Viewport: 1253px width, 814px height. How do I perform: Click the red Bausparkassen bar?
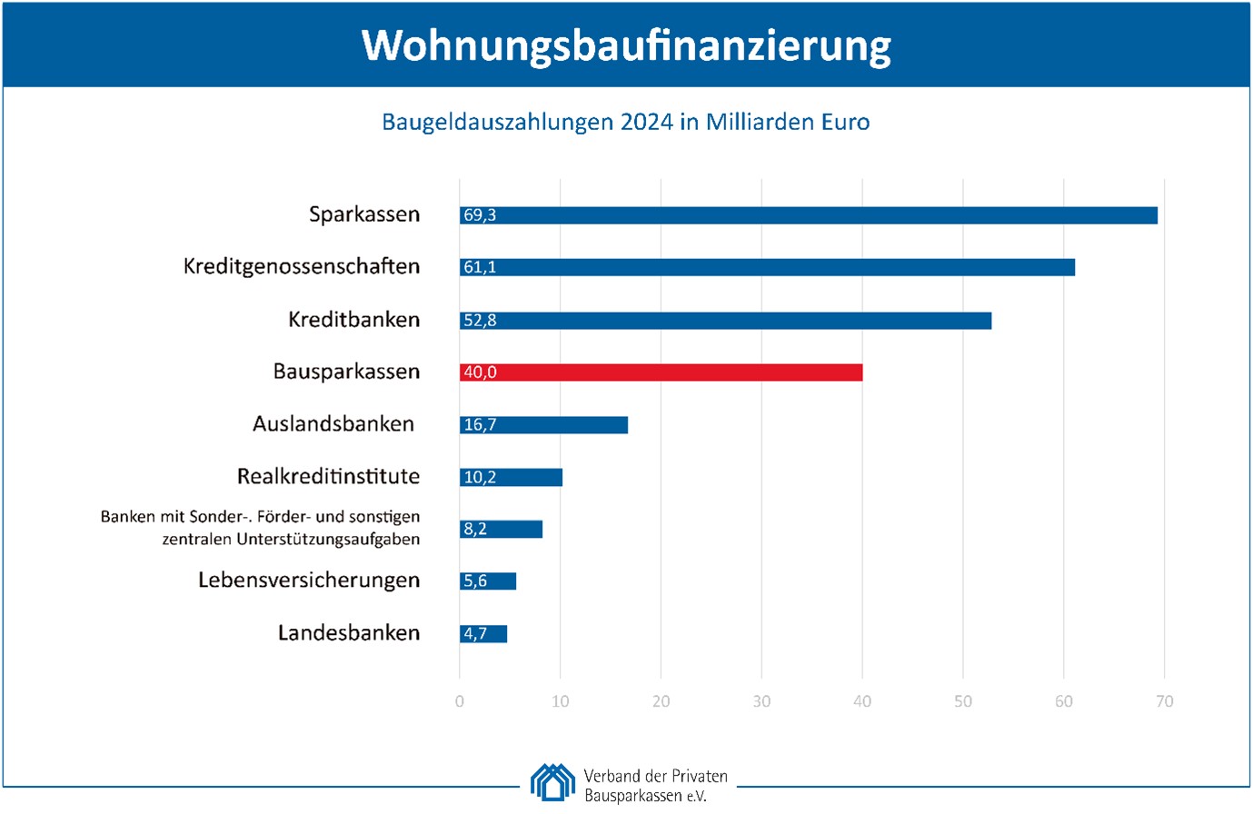tap(661, 372)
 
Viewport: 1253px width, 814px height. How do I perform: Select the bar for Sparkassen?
tap(808, 215)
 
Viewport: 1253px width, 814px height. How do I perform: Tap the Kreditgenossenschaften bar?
tap(767, 267)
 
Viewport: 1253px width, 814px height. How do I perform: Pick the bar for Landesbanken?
tap(482, 634)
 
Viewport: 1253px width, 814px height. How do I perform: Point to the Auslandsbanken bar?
tap(543, 425)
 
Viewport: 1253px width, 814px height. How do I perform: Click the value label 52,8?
tap(480, 321)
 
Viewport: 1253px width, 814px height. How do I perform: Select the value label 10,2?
tap(480, 478)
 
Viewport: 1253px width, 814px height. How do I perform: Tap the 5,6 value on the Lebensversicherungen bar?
tap(475, 581)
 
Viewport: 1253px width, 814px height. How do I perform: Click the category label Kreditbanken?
tap(353, 320)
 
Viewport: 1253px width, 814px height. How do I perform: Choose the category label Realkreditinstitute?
tap(328, 477)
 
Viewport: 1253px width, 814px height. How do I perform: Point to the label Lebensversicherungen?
tap(309, 581)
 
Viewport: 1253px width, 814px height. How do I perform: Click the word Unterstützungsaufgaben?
tap(328, 540)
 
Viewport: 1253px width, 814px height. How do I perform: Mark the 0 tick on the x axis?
tap(460, 701)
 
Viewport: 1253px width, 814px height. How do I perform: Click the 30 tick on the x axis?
tap(761, 701)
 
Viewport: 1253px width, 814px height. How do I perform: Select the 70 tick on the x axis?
tap(1164, 701)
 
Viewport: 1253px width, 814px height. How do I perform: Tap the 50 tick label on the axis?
tap(963, 701)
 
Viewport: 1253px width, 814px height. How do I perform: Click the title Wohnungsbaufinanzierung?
tap(626, 45)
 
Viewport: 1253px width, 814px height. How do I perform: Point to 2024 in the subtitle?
tap(647, 122)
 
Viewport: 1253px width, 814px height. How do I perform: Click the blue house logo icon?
tap(552, 782)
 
